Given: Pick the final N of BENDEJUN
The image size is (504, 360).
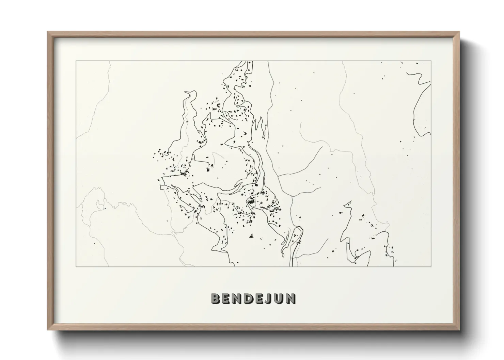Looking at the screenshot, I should pos(290,299).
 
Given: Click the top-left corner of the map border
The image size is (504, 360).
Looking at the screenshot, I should pos(76,61).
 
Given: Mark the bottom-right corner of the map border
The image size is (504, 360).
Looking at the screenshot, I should pos(431,266).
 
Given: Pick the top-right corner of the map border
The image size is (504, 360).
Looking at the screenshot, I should pos(431,61).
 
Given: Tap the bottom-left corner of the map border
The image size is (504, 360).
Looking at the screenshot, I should pos(76,266).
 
